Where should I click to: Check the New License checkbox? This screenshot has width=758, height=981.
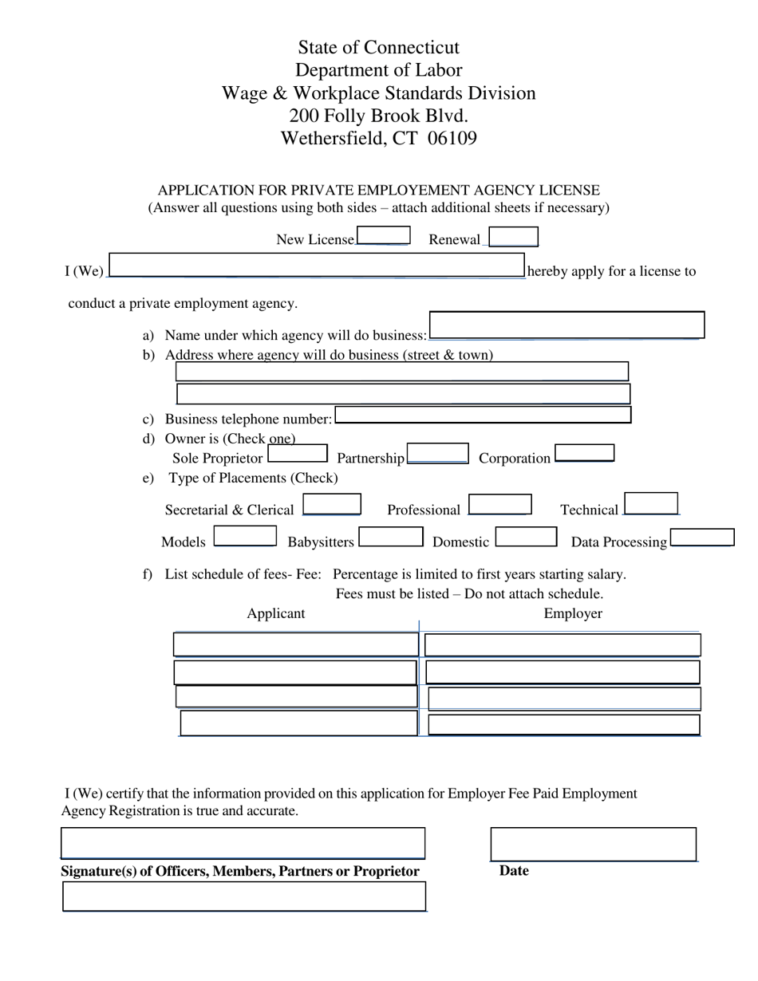click(384, 236)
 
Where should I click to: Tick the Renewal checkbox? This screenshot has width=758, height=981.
click(513, 237)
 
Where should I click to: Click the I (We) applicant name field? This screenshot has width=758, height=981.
click(316, 266)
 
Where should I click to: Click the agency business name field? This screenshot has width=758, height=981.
click(567, 325)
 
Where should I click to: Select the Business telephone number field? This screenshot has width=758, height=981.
click(483, 416)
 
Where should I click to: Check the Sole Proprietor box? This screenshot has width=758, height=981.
click(298, 454)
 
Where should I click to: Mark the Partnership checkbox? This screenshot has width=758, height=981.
click(437, 453)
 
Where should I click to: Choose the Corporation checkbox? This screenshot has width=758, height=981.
click(584, 453)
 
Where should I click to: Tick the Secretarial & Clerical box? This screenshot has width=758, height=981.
click(332, 505)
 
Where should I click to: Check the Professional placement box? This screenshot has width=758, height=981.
click(499, 505)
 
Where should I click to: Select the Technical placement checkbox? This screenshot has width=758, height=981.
click(651, 504)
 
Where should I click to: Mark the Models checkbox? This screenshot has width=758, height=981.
click(245, 536)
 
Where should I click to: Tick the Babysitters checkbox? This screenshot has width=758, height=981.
click(390, 537)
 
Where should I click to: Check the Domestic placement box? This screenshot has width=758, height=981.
click(526, 537)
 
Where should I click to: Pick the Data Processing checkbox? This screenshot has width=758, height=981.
click(702, 538)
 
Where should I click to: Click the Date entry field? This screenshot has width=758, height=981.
click(593, 845)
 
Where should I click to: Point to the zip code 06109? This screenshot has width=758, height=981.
click(452, 138)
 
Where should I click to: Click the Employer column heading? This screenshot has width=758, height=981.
click(573, 613)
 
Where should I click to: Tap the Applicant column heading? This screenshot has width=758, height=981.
click(275, 613)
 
